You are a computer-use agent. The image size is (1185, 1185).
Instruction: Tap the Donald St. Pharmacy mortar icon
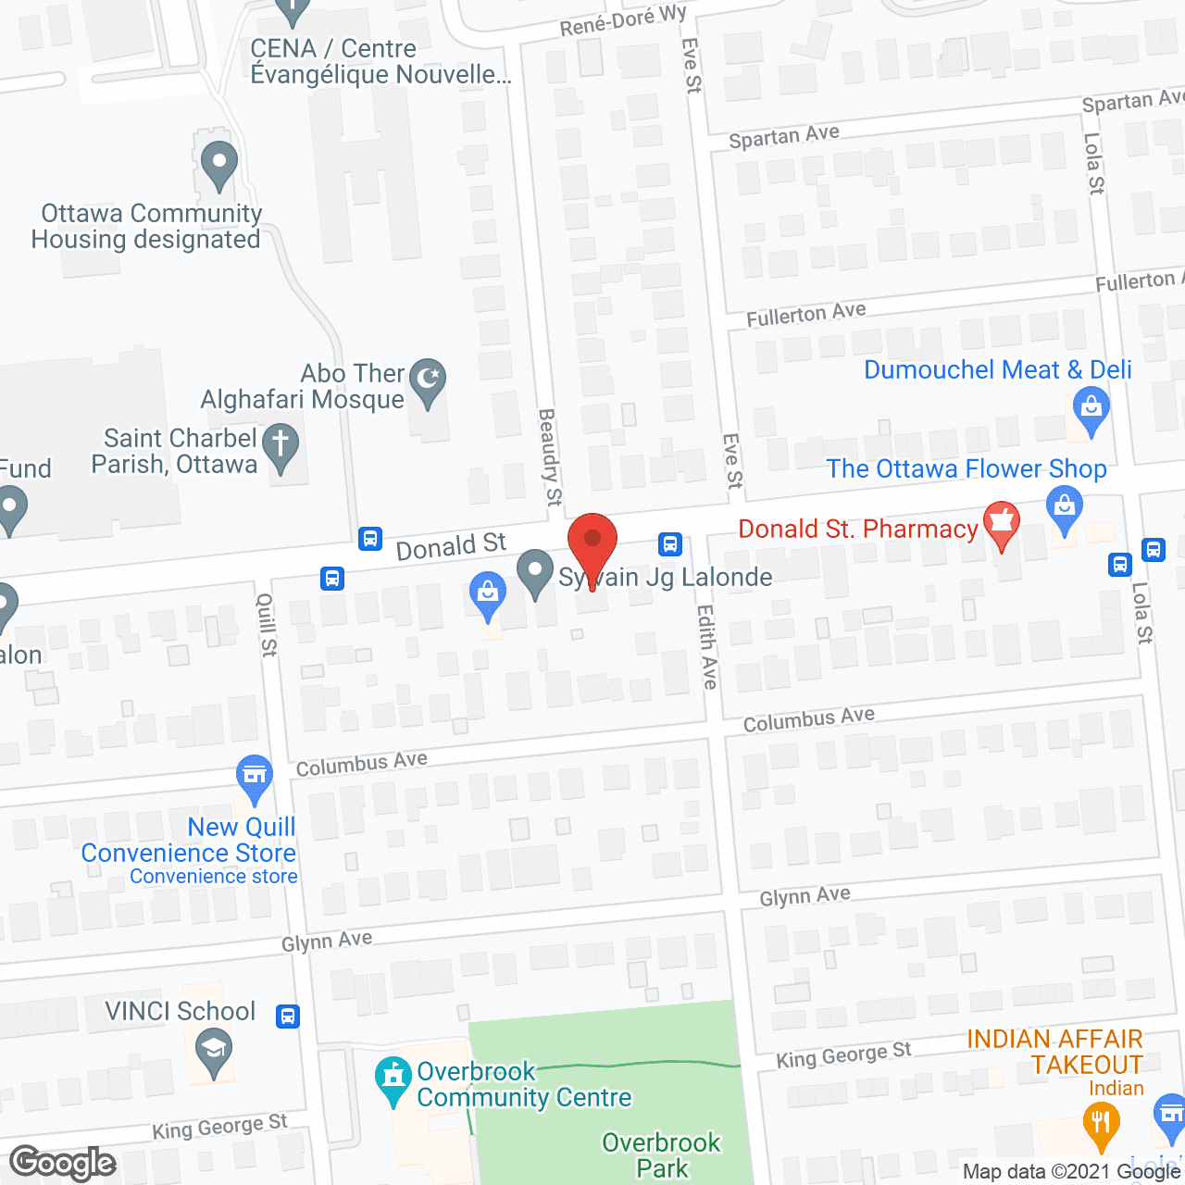pos(1001,524)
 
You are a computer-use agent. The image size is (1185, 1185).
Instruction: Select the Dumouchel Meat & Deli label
pos(997,369)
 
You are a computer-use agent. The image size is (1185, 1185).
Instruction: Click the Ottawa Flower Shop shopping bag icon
pos(1065,508)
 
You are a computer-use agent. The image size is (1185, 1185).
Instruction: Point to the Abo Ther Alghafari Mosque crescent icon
pos(427,380)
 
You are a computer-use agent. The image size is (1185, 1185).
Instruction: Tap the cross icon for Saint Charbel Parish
pos(280,445)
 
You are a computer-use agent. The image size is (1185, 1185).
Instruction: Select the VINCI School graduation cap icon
pos(214,1051)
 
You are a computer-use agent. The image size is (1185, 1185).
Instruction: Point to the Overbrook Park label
pos(661,1154)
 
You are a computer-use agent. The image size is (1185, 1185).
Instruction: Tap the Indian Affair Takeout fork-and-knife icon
pos(1100,1123)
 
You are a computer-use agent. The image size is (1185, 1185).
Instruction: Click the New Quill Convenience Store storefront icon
pos(254,776)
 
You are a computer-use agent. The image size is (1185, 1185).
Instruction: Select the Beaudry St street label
pos(550,457)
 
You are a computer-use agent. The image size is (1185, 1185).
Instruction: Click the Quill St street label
pos(267,625)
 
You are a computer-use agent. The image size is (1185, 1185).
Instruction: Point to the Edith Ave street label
pos(708,646)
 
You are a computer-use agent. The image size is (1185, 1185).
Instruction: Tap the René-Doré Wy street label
pos(623,20)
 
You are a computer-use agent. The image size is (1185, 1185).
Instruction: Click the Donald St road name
pos(451,546)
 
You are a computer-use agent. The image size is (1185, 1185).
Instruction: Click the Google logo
pos(63,1163)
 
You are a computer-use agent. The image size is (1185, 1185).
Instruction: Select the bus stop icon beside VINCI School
pos(288,1016)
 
